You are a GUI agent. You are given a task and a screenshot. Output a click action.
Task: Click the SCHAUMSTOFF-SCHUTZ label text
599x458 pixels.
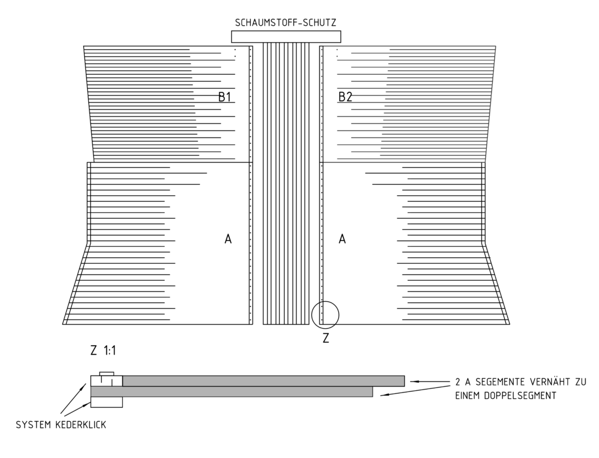point(285,23)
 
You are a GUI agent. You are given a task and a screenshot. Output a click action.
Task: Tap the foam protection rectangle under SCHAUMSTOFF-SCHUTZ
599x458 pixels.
point(285,37)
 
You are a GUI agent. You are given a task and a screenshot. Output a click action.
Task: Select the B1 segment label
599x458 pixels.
point(225,97)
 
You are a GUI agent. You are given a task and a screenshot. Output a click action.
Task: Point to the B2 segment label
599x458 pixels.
point(345,97)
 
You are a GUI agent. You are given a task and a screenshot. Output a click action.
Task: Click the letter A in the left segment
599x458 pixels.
point(228,239)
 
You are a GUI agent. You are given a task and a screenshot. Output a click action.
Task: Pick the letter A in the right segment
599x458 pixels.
point(342,239)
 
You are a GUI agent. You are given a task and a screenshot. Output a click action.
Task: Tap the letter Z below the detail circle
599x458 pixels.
point(326,338)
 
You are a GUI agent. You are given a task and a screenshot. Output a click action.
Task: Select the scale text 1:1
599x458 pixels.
point(109,350)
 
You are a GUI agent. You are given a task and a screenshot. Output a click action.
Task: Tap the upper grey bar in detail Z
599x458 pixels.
point(264,381)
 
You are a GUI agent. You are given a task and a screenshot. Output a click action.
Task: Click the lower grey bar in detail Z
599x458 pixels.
point(232,391)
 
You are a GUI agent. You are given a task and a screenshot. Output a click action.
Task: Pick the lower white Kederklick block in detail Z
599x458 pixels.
point(106,402)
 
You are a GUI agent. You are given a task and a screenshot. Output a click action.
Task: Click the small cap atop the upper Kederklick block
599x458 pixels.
point(106,374)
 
